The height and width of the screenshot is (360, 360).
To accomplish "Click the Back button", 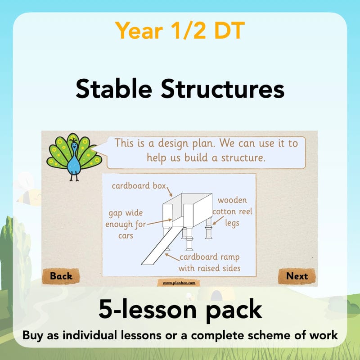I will [61, 276].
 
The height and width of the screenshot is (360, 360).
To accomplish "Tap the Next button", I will [297, 276].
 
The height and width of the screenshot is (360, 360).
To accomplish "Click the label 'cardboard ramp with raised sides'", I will [209, 263].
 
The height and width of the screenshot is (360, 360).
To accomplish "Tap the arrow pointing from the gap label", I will [160, 221].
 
